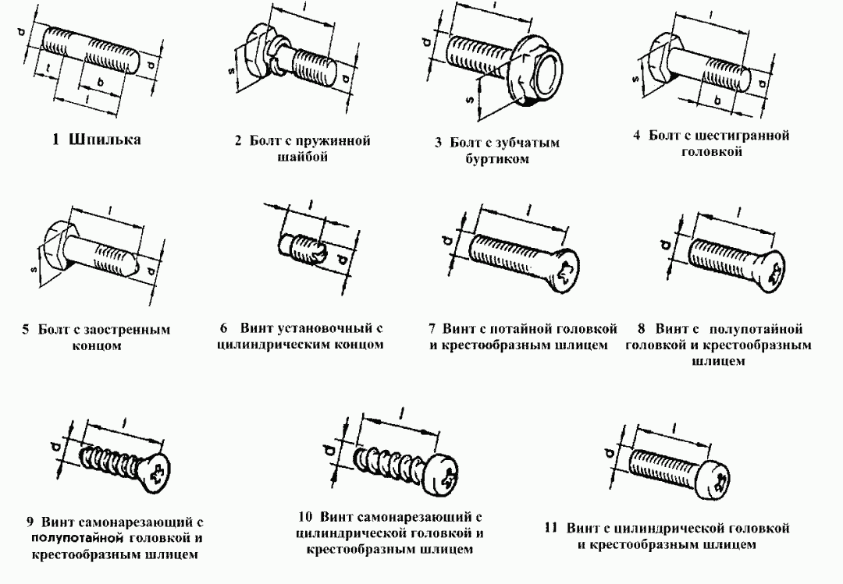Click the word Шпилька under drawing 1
click(105, 140)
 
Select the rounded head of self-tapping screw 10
click(443, 472)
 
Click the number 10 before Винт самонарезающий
click(305, 517)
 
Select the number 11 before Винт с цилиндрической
click(551, 529)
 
